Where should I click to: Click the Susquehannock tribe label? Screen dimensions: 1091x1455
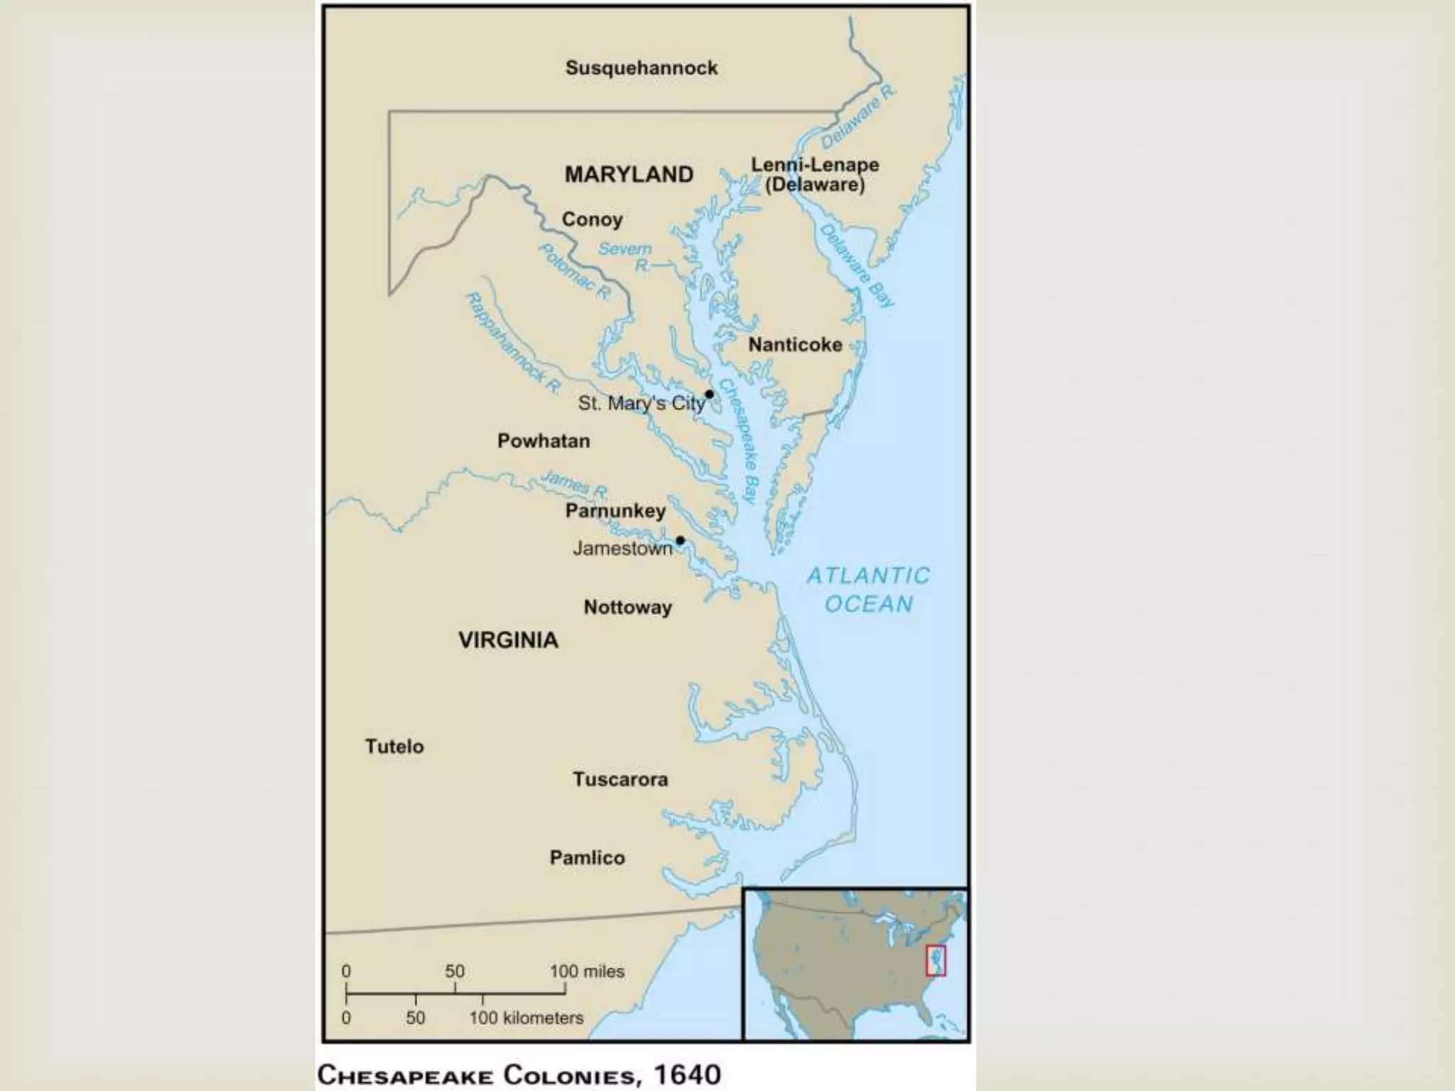(642, 68)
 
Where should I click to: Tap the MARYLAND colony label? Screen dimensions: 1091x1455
(629, 175)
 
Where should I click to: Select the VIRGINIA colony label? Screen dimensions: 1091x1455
(508, 640)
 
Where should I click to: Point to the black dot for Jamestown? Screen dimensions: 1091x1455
(680, 541)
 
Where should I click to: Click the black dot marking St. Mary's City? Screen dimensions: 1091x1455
(709, 394)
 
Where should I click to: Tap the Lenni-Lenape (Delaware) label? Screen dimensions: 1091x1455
(815, 175)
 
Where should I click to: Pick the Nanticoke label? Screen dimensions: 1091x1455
(795, 345)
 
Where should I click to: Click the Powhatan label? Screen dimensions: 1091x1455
(543, 441)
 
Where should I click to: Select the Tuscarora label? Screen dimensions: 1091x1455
(620, 779)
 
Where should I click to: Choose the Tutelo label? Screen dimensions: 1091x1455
(394, 747)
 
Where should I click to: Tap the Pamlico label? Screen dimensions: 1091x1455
(587, 857)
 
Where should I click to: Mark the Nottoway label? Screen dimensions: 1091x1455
(627, 607)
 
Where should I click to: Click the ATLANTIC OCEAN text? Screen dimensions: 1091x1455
(868, 590)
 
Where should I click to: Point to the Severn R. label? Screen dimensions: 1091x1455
(626, 256)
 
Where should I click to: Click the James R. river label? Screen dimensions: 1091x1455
(574, 484)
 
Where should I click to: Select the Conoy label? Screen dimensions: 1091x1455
(592, 219)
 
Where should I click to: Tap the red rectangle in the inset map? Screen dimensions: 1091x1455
(936, 960)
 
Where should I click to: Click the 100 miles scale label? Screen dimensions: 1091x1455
(587, 971)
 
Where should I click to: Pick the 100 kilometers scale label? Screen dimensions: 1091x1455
(526, 1018)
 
